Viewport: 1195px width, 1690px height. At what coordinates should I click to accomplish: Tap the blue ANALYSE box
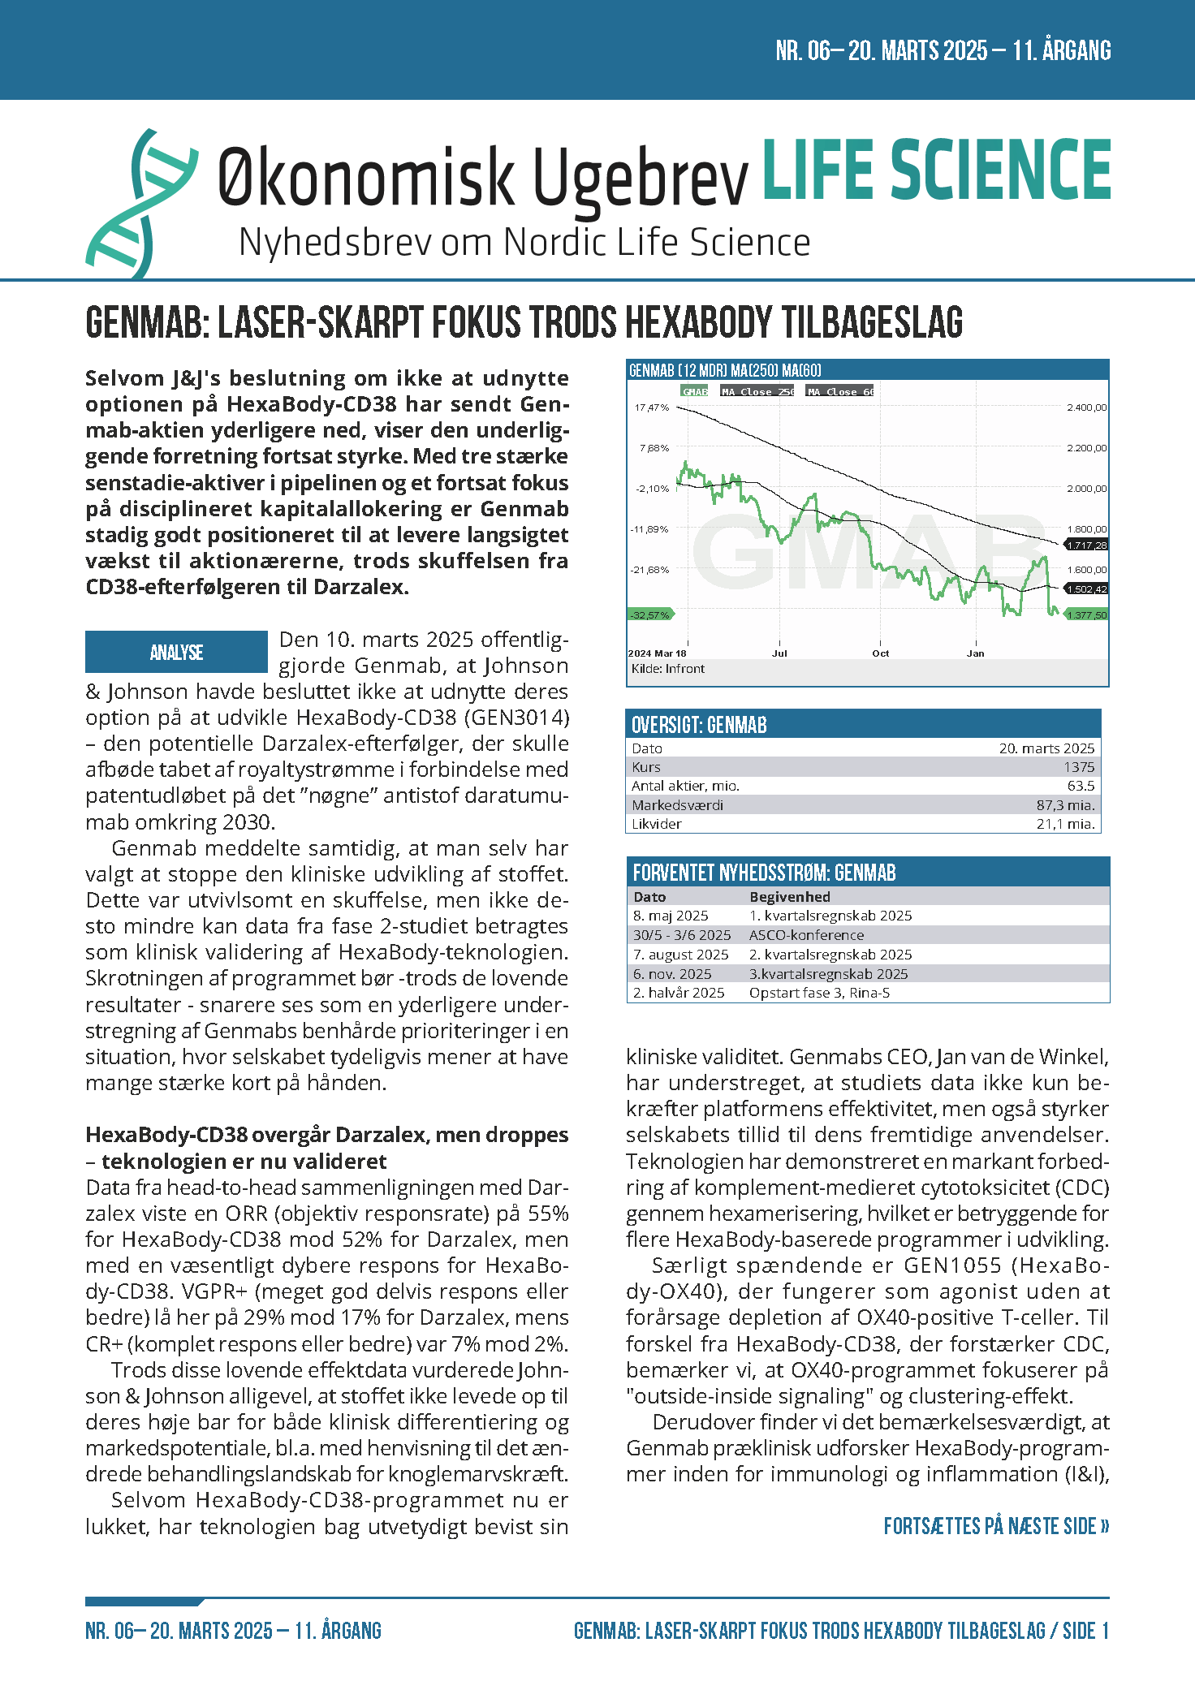pyautogui.click(x=176, y=652)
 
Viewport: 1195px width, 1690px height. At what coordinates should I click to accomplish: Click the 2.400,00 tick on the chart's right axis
pyautogui.click(x=1086, y=407)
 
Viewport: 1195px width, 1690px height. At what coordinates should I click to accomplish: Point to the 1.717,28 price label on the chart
pyautogui.click(x=1086, y=545)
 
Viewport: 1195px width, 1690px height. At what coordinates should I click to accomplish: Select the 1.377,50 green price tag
pyautogui.click(x=1086, y=615)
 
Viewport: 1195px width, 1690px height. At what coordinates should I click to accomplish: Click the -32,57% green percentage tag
pyautogui.click(x=649, y=615)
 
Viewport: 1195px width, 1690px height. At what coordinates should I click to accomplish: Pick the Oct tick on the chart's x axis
pyautogui.click(x=880, y=653)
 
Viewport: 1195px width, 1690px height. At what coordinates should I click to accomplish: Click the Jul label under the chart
pyautogui.click(x=779, y=653)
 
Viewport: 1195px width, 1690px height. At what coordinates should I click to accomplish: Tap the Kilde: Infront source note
pyautogui.click(x=667, y=669)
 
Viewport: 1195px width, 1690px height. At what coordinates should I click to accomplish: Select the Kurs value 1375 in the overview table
pyautogui.click(x=1079, y=767)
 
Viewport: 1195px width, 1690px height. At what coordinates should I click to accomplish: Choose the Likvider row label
pyautogui.click(x=657, y=824)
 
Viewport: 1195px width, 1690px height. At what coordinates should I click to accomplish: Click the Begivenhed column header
pyautogui.click(x=789, y=897)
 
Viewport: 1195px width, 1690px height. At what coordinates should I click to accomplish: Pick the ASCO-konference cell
pyautogui.click(x=806, y=935)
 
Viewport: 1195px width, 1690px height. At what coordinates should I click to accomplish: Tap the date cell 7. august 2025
pyautogui.click(x=680, y=955)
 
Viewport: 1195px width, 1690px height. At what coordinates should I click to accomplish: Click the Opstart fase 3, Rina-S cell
pyautogui.click(x=819, y=993)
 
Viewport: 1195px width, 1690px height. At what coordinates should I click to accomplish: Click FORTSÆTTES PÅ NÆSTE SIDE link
pyautogui.click(x=996, y=1527)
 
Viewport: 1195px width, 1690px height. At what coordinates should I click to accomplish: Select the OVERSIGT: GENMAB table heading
pyautogui.click(x=699, y=725)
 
